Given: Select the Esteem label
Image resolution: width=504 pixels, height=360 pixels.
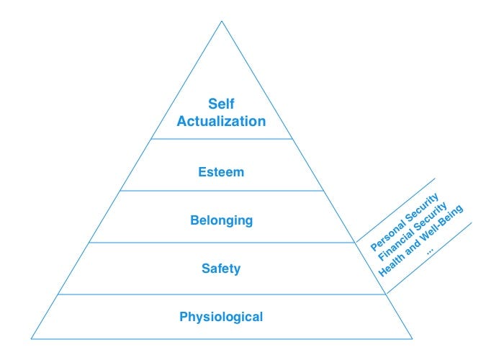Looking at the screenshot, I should pyautogui.click(x=221, y=172).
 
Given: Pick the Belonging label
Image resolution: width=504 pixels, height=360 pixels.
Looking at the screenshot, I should pyautogui.click(x=221, y=220).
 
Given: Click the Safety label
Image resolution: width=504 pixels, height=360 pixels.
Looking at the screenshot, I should pyautogui.click(x=221, y=269).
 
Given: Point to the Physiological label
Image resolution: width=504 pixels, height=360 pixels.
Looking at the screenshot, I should pyautogui.click(x=221, y=316).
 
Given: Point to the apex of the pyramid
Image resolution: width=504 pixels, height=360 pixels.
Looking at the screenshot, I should pyautogui.click(x=222, y=19).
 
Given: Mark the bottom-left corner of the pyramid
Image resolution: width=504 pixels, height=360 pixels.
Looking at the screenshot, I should pyautogui.click(x=31, y=338).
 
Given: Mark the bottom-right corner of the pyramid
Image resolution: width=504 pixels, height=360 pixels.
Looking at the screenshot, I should pyautogui.click(x=413, y=338).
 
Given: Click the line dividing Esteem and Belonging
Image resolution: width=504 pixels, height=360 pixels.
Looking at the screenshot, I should pyautogui.click(x=221, y=191).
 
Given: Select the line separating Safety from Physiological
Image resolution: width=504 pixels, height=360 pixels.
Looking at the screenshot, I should pyautogui.click(x=221, y=294).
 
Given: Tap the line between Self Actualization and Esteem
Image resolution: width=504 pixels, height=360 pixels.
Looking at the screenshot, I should pyautogui.click(x=221, y=138).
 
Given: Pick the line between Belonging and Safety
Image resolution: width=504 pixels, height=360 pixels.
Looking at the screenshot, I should pyautogui.click(x=221, y=243).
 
